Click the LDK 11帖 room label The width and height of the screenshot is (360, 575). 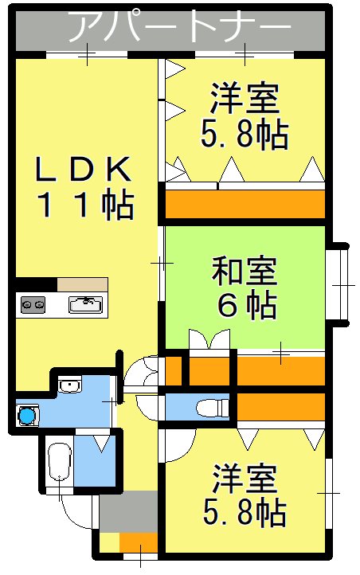click(x=83, y=187)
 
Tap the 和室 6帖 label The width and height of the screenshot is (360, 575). click(x=245, y=287)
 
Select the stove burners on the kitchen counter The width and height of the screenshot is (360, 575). click(x=33, y=303)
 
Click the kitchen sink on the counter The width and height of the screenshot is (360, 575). click(x=85, y=303)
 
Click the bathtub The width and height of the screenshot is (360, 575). click(x=59, y=464)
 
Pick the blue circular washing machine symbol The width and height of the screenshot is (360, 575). click(x=28, y=415)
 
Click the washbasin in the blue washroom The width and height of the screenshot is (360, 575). click(x=70, y=387)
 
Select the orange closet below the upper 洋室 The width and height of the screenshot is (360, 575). click(x=245, y=204)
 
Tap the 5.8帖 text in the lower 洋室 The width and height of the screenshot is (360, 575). click(x=245, y=514)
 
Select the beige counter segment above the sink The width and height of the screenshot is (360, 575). click(x=81, y=284)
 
